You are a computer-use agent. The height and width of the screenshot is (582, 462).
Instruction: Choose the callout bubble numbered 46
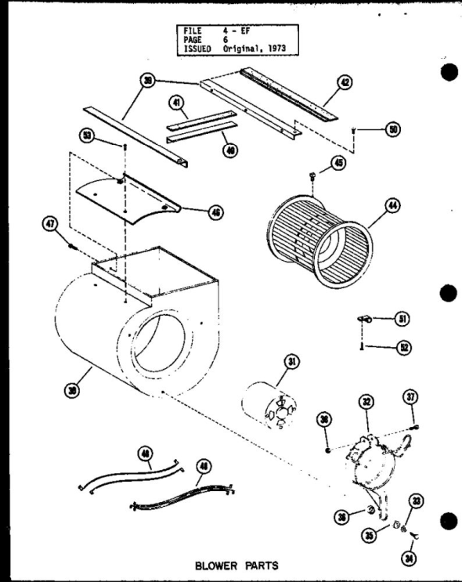211,212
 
